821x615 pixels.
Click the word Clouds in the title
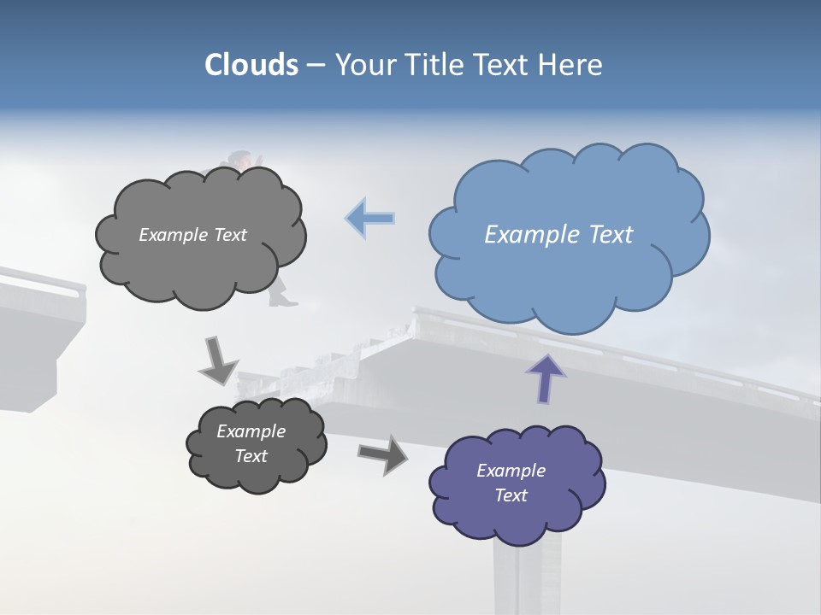[x=251, y=65]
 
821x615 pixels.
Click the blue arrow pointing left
[x=370, y=219]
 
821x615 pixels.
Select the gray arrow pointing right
[x=382, y=454]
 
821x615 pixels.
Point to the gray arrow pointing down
[x=217, y=360]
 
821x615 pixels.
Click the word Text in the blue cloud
[x=611, y=235]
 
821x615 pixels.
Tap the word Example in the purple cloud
[x=511, y=471]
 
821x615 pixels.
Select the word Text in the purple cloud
[x=511, y=495]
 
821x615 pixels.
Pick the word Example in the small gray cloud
[x=251, y=431]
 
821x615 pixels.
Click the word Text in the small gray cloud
[x=251, y=456]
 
